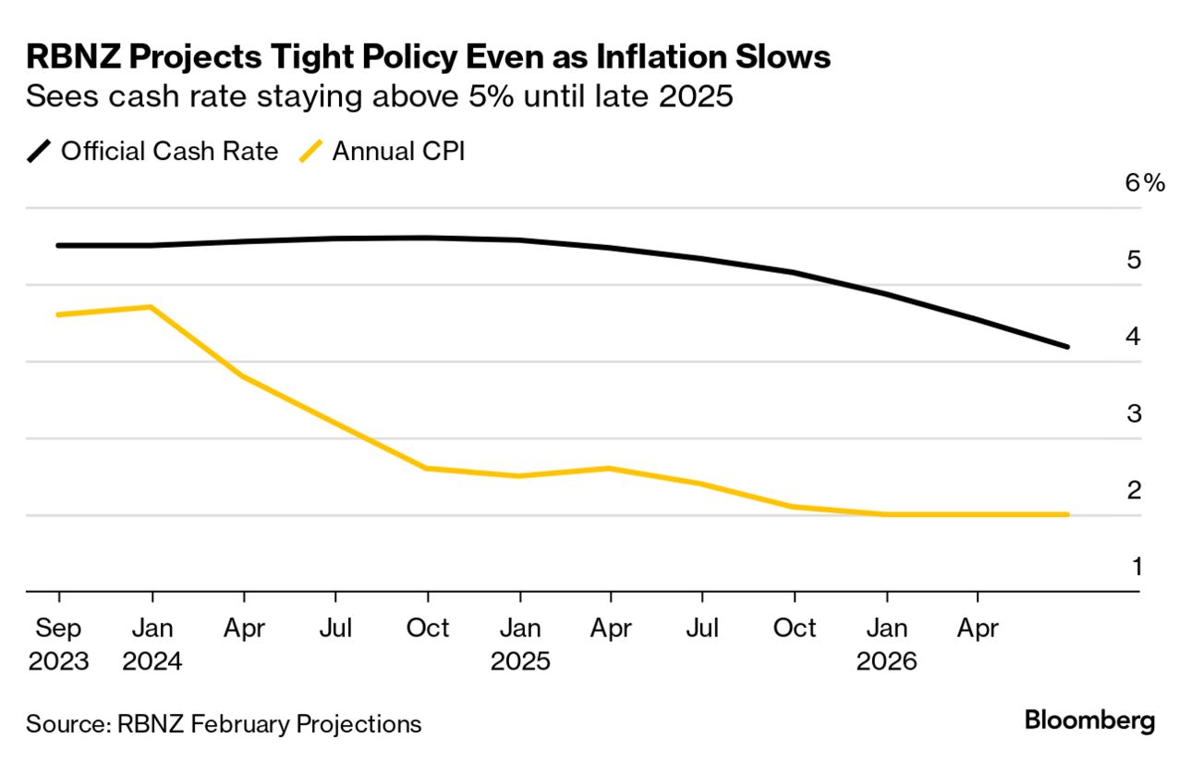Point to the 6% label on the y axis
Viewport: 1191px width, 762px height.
(1145, 183)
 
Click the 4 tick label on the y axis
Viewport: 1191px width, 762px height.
(1134, 337)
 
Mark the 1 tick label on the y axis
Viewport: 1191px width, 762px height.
(1136, 566)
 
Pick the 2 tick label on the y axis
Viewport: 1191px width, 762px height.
(1134, 490)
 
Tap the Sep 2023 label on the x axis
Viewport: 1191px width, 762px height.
(58, 645)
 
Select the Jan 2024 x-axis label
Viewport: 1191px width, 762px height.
(151, 645)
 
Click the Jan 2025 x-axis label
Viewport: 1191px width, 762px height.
(520, 645)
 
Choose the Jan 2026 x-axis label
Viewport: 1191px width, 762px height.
(886, 645)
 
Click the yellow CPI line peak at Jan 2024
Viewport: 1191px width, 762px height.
(151, 306)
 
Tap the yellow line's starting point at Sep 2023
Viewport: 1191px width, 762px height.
(58, 314)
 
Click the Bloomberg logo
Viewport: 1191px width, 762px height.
(1090, 720)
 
